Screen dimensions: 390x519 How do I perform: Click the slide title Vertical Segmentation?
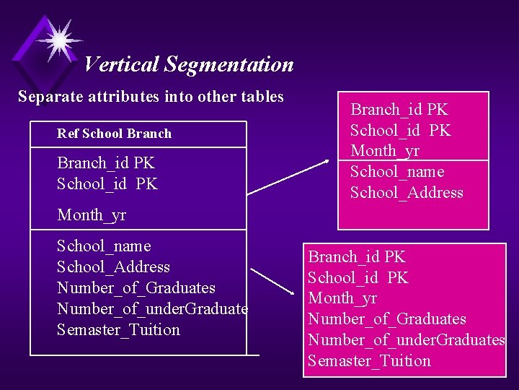coord(188,65)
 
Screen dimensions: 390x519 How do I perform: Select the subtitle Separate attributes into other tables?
coord(151,97)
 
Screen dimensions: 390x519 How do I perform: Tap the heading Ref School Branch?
coord(114,134)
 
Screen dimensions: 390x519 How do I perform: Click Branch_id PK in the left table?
coord(106,163)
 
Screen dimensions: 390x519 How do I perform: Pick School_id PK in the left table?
coord(107,184)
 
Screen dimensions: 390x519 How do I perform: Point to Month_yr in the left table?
coord(92,215)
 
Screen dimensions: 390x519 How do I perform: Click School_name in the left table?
coord(104,246)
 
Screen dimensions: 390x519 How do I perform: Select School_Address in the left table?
coord(113,267)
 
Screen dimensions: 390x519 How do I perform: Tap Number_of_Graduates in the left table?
coord(136,288)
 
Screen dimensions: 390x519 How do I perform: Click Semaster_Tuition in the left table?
coord(118,330)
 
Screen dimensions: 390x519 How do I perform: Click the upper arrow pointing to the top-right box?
coord(288,177)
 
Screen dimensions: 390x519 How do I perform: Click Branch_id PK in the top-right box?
coord(399,110)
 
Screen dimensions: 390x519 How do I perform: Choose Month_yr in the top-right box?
coord(384,151)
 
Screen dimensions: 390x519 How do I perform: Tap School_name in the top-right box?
coord(396,172)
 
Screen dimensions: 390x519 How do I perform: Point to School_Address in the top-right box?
coord(407,193)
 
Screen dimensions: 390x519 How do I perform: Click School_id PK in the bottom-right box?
coord(358,278)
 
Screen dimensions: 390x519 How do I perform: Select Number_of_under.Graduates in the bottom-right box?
coord(406,340)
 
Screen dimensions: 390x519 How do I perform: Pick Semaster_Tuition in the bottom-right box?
coord(368,361)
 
